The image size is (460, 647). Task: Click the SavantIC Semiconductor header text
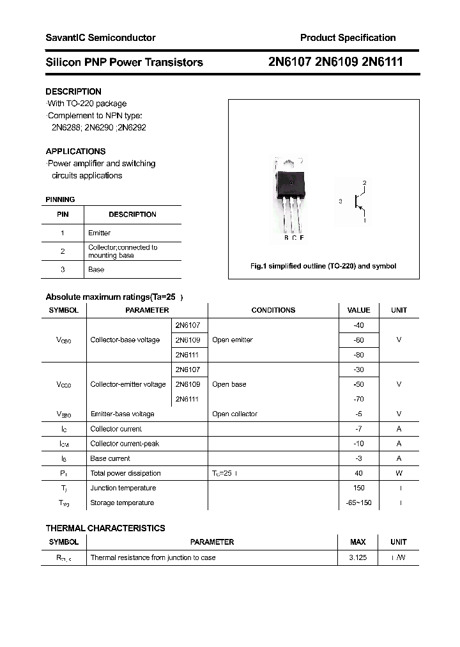[x=100, y=38]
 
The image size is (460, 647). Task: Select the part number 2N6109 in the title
[x=338, y=62]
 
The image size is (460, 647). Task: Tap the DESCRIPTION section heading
[x=73, y=91]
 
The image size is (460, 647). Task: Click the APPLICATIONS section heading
[x=75, y=152]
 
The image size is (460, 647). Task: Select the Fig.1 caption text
[x=323, y=266]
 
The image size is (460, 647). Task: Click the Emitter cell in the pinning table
[x=99, y=233]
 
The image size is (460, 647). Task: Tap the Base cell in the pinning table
[x=96, y=269]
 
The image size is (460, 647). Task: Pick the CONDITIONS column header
[x=273, y=310]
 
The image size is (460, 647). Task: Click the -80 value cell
[x=358, y=355]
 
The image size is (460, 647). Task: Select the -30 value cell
[x=358, y=370]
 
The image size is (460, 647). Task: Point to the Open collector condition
[x=234, y=414]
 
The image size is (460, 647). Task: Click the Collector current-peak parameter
[x=125, y=444]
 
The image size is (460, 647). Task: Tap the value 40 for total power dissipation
[x=358, y=473]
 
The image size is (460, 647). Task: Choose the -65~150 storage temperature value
[x=358, y=503]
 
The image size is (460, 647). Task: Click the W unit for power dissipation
[x=399, y=473]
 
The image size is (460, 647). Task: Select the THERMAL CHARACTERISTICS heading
[x=105, y=528]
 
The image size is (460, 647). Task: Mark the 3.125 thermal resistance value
[x=358, y=557]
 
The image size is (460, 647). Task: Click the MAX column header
[x=358, y=542]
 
